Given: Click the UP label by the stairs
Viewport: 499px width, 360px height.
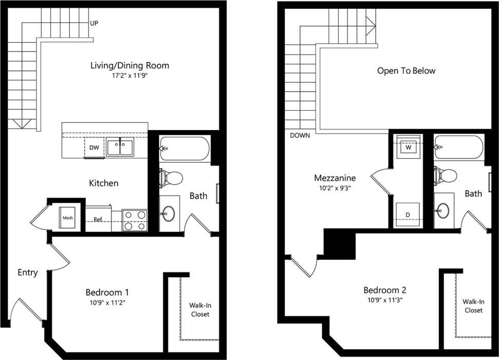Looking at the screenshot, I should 94,23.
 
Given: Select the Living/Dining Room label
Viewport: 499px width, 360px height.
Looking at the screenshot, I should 130,66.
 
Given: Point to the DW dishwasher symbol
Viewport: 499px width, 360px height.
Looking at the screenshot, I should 94,148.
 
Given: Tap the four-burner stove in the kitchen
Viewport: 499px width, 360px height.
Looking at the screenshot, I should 135,220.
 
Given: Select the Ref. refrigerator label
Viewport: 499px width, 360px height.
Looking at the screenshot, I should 98,220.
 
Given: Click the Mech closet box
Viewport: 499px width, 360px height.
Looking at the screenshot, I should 68,218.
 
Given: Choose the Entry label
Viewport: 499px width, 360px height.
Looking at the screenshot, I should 27,273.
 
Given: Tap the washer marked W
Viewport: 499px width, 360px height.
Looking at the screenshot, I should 409,147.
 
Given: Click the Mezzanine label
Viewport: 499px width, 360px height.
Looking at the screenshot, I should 335,178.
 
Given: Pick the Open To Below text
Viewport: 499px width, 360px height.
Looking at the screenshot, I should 406,71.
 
